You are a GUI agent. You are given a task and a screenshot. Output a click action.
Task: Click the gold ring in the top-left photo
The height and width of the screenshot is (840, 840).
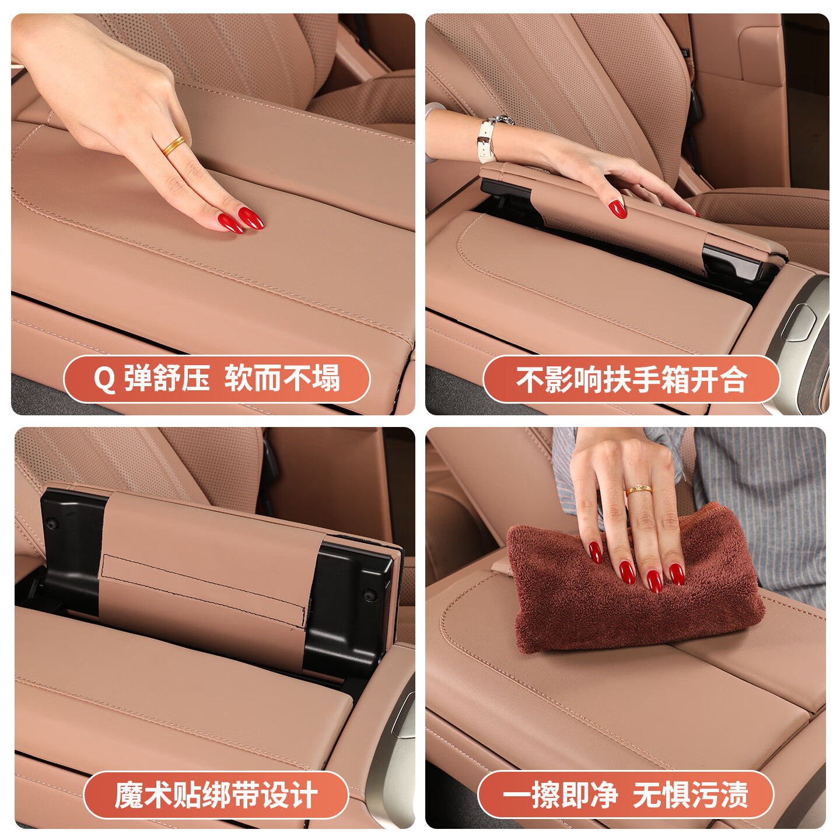click(174, 145)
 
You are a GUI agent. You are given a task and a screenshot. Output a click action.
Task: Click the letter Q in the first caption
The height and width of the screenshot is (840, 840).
click(104, 380)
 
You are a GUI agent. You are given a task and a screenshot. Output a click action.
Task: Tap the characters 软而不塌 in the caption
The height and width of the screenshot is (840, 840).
click(282, 379)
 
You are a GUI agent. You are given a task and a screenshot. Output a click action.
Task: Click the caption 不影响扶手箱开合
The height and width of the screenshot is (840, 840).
click(631, 380)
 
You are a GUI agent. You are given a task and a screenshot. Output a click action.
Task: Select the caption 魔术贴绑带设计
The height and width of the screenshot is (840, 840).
click(216, 795)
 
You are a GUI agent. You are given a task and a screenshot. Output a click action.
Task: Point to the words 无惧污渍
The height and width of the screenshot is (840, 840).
click(691, 795)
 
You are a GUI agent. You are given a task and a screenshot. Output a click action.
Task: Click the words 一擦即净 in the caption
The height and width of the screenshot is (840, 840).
click(560, 795)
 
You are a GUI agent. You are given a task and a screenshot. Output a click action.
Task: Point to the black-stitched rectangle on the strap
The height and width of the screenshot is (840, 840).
click(204, 589)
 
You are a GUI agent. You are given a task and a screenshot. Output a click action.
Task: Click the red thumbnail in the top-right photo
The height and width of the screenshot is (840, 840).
click(618, 208)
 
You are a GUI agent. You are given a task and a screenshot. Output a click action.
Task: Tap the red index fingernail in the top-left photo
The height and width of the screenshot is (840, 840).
click(251, 218)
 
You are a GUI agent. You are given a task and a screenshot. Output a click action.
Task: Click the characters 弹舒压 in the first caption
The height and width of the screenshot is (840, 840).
click(167, 379)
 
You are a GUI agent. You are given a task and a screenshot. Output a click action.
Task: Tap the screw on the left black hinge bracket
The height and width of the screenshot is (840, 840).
click(52, 523)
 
